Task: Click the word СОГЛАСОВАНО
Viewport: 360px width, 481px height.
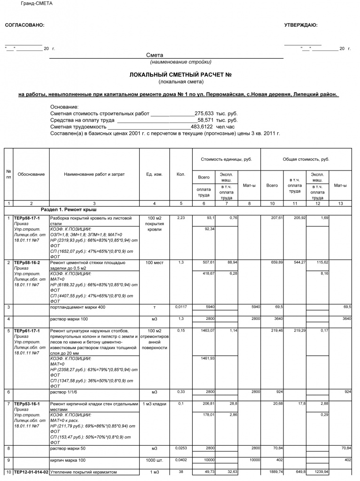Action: click(24, 25)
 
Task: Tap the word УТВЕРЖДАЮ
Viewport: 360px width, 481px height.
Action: click(301, 25)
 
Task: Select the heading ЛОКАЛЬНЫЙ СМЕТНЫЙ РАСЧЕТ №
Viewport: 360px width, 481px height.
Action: click(181, 75)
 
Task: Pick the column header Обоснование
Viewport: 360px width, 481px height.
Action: click(31, 174)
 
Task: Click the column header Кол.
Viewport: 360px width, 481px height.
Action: click(180, 174)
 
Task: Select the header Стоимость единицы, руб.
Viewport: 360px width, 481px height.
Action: click(226, 159)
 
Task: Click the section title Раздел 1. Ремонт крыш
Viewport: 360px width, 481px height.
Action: click(69, 209)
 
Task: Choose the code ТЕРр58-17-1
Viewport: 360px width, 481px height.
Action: click(27, 218)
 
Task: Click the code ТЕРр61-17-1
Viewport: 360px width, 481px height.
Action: click(27, 331)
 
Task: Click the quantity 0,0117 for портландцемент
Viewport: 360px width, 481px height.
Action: click(180, 307)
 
